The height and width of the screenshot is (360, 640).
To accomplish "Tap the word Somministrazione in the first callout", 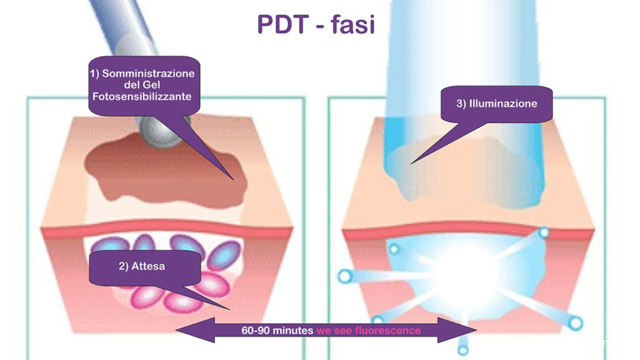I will (x=148, y=73).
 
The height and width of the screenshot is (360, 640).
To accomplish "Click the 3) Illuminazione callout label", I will (x=496, y=104).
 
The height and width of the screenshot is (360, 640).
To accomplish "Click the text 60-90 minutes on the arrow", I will (x=277, y=330).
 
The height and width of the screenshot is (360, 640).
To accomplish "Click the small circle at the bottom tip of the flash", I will (x=463, y=350).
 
